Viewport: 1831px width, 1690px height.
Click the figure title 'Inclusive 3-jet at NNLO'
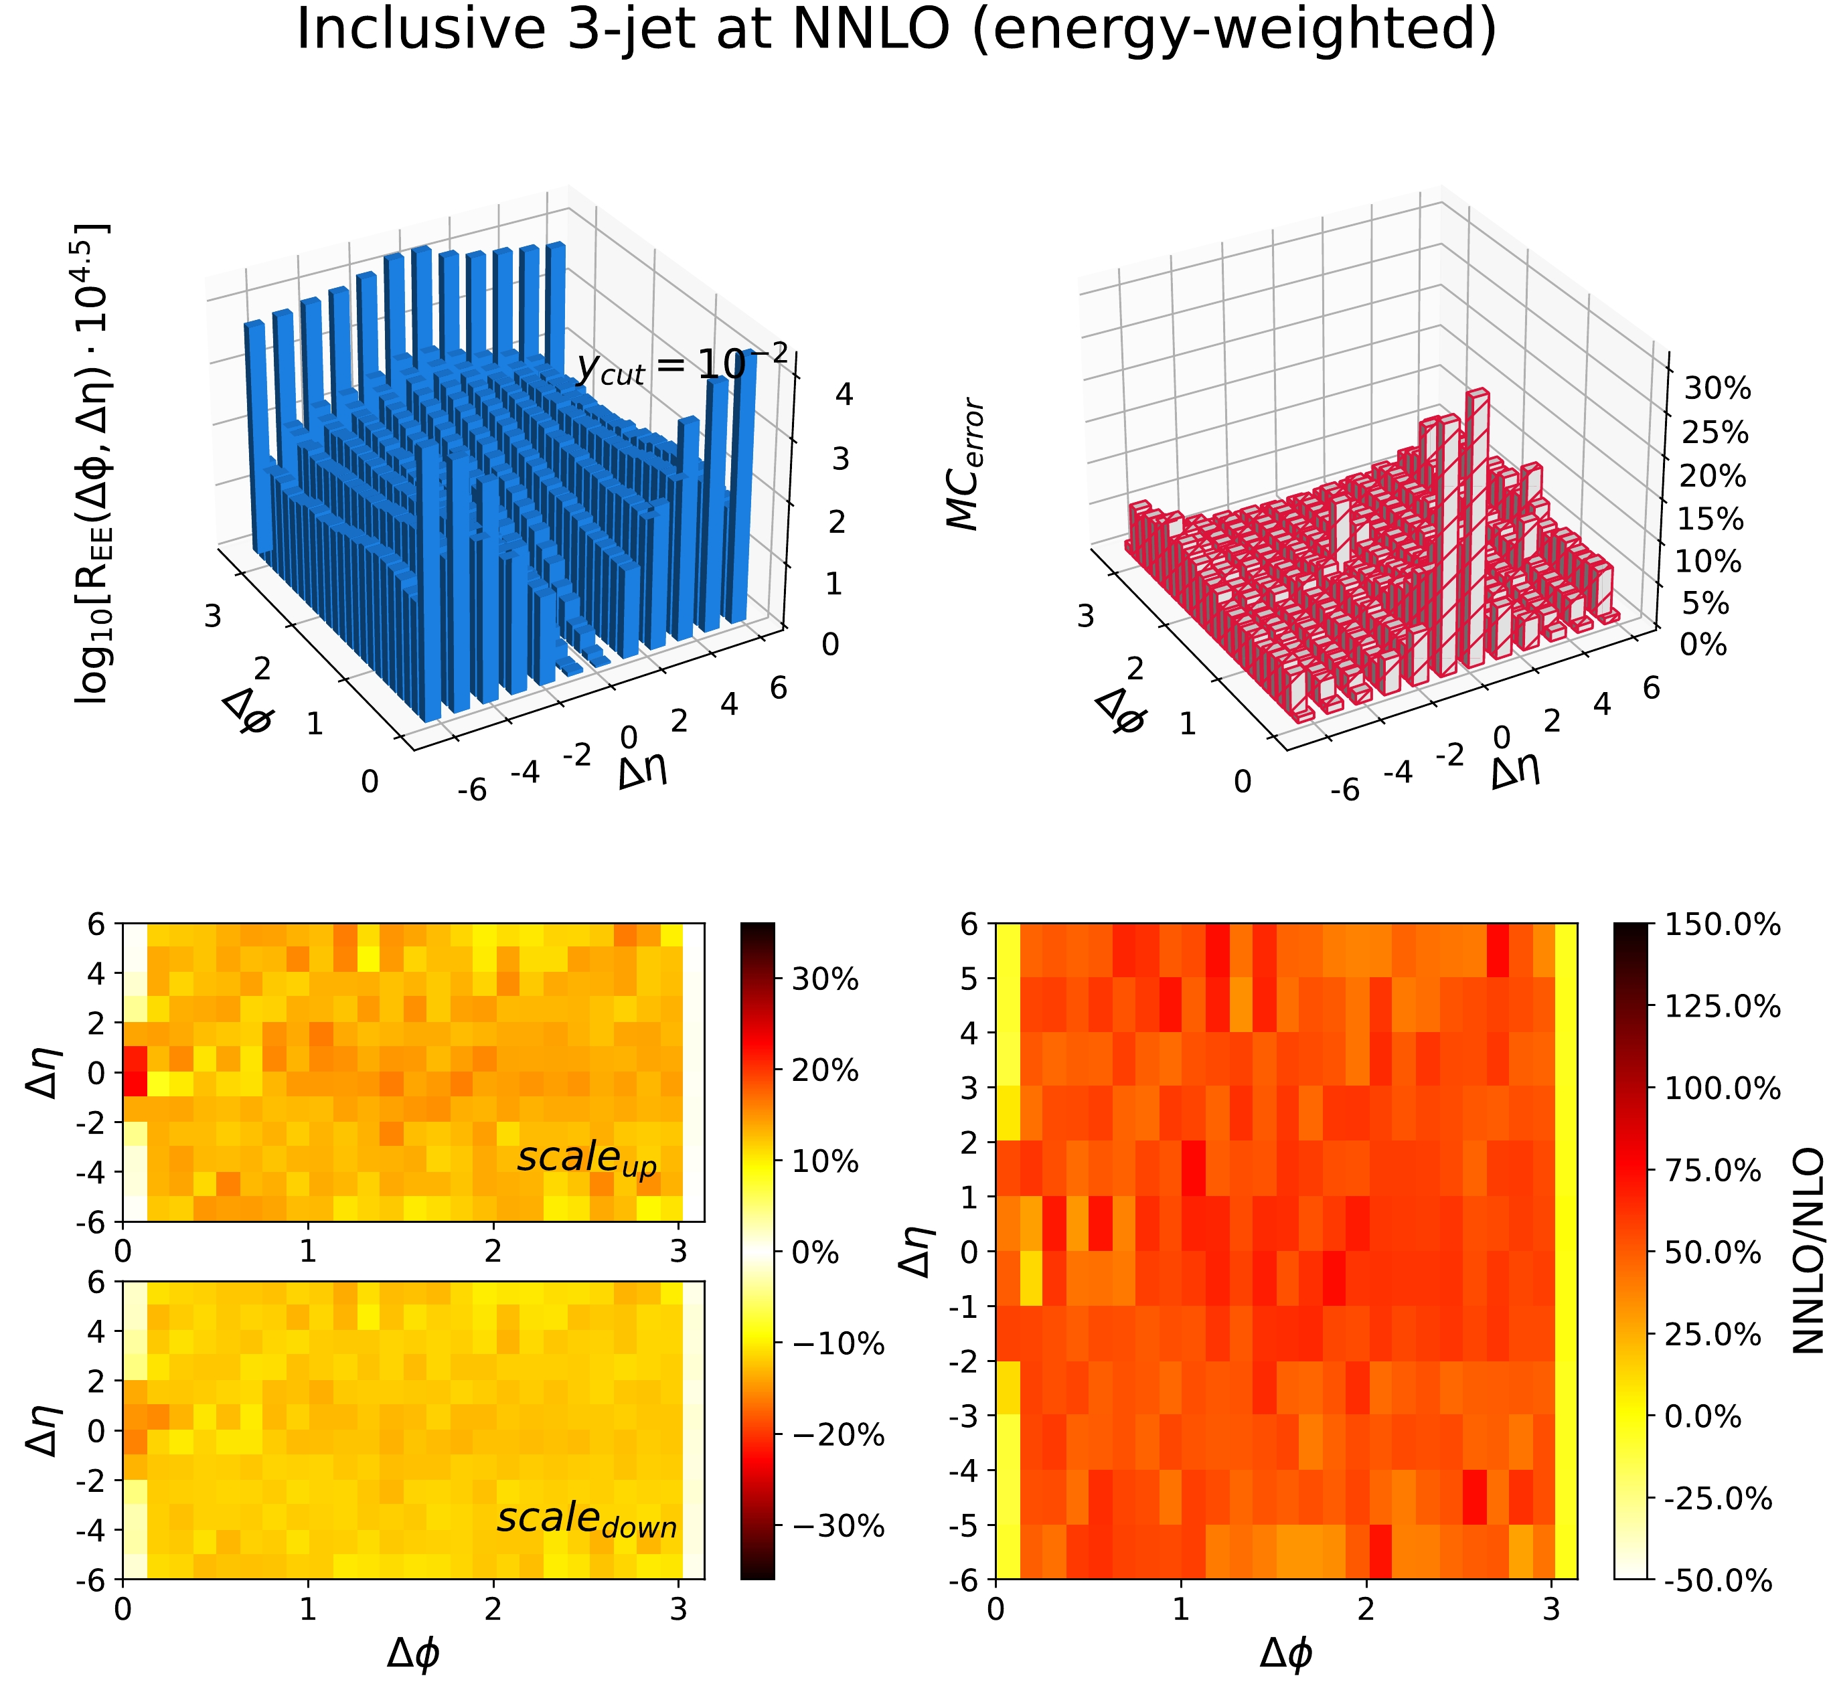[x=896, y=29]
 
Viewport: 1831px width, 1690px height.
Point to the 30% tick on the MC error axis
[x=1717, y=389]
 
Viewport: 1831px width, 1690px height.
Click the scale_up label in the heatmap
[x=587, y=1159]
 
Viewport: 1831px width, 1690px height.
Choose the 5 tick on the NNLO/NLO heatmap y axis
[x=970, y=979]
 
